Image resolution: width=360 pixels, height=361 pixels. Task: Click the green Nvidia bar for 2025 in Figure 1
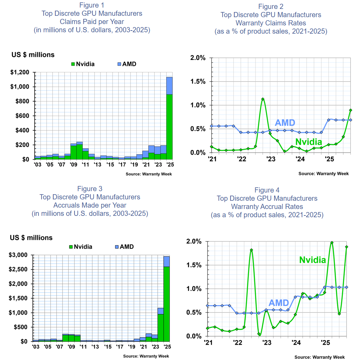[x=169, y=127]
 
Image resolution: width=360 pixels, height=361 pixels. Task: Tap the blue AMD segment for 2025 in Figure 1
[x=169, y=86]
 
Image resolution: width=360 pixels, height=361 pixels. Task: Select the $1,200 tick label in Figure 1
[x=21, y=73]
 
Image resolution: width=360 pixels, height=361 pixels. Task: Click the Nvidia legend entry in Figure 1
[x=82, y=64]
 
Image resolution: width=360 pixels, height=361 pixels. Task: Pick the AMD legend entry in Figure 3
[x=124, y=247]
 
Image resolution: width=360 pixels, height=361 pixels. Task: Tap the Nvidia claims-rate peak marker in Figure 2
[x=263, y=99]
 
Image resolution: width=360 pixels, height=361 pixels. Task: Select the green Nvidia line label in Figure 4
[x=313, y=260]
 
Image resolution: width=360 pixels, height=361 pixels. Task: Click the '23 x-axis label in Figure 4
[x=267, y=342]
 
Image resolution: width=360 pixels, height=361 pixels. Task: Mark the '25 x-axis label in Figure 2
[x=329, y=159]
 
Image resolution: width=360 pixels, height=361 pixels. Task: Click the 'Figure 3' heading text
[x=90, y=189]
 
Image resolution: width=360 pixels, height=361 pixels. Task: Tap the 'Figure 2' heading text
[x=271, y=7]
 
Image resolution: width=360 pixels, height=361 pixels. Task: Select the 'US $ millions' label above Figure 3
[x=31, y=238]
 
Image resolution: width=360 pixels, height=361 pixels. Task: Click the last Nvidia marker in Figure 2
[x=351, y=110]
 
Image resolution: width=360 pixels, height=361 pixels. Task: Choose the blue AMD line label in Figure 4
[x=279, y=303]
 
